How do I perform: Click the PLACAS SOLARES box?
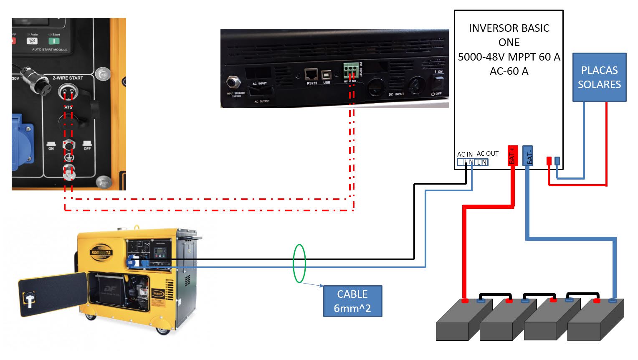[x=599, y=77]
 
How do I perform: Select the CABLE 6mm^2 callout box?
[x=352, y=301]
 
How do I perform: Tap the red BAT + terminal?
[x=512, y=156]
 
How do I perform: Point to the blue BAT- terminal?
[x=528, y=156]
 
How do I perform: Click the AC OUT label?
[x=487, y=154]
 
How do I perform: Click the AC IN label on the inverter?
[x=465, y=154]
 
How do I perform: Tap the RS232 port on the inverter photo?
[x=311, y=75]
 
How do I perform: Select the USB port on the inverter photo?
[x=327, y=75]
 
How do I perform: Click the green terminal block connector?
[x=351, y=70]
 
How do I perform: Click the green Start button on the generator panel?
[x=54, y=41]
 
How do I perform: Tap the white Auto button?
[x=32, y=41]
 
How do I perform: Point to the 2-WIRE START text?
[x=68, y=78]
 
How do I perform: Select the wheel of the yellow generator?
[x=162, y=331]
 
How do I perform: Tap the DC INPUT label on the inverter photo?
[x=397, y=94]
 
